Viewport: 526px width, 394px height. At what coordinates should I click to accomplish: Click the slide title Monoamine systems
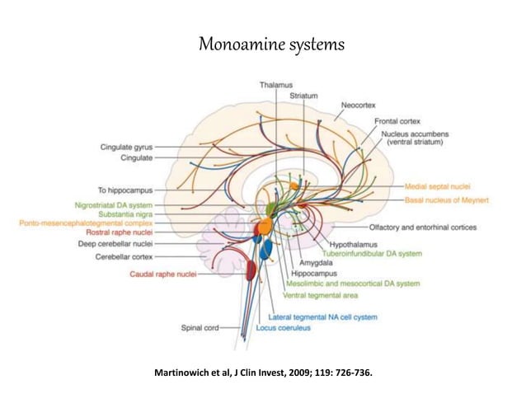click(x=262, y=43)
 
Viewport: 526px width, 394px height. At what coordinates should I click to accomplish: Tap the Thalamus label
click(x=275, y=85)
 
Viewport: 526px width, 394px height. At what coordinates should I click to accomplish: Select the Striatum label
click(x=303, y=96)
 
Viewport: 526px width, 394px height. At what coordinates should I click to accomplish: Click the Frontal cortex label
click(x=400, y=121)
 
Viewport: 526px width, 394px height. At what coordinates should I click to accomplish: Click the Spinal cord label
click(x=200, y=328)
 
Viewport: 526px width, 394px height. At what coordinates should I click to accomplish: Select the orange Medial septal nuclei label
click(x=443, y=186)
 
